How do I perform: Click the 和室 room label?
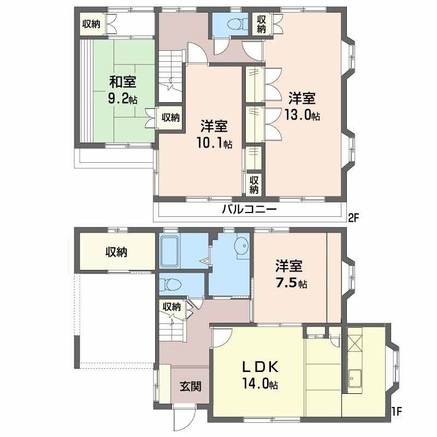[x=122, y=82]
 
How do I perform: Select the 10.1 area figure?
[x=210, y=143]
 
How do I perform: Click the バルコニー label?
[x=249, y=209]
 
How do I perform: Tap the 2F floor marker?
[x=353, y=218]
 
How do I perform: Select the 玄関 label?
[x=190, y=386]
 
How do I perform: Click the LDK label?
[x=260, y=367]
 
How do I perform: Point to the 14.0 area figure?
[x=256, y=384]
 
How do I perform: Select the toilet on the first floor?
[x=173, y=285]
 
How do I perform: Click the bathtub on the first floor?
[x=170, y=252]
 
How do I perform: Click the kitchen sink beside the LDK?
[x=355, y=378]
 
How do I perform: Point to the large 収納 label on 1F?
[x=116, y=252]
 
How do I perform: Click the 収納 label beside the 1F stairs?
[x=172, y=307]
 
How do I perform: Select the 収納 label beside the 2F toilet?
[x=261, y=24]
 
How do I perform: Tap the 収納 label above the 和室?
[x=91, y=24]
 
